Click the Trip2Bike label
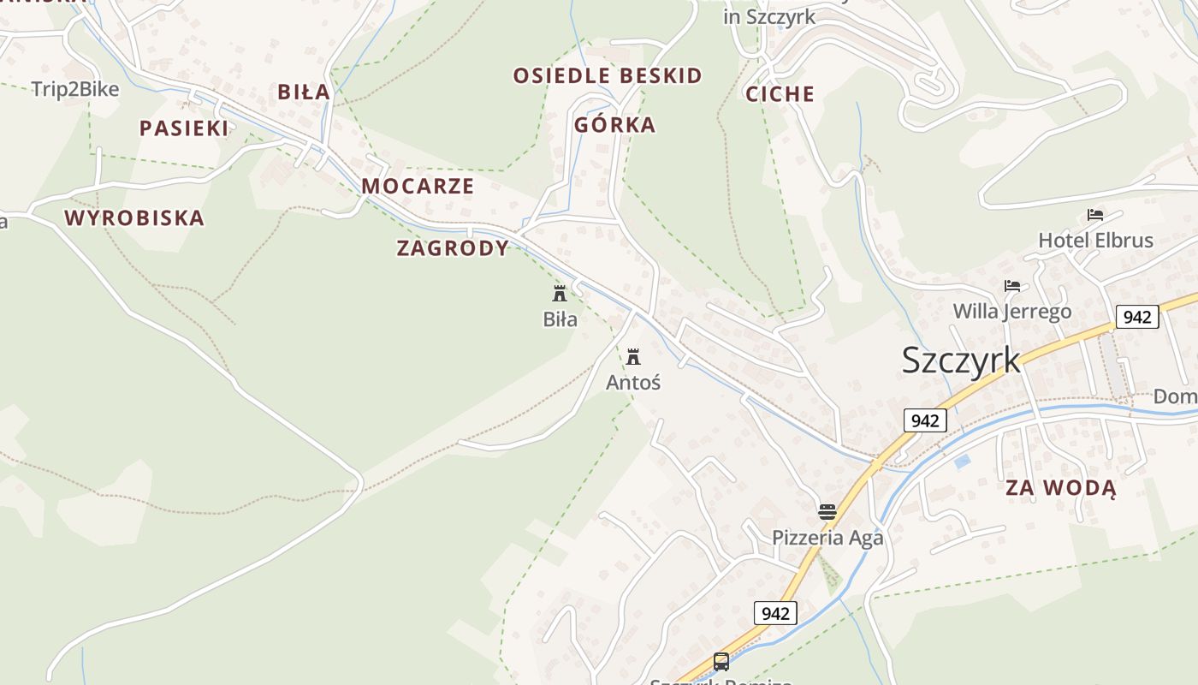(75, 89)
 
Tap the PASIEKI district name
(184, 128)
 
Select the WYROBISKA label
(134, 218)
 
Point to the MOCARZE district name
(418, 187)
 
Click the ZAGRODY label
(453, 248)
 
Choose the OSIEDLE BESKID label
(608, 76)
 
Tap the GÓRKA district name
(614, 125)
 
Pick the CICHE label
(780, 94)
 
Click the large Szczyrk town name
(961, 360)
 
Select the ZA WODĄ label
(1060, 488)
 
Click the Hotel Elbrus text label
(1095, 241)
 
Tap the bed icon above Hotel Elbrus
(1095, 214)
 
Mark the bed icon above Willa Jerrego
(1012, 285)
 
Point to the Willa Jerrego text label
(1012, 311)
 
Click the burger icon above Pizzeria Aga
(827, 512)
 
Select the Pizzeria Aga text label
(827, 538)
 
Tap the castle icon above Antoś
(633, 356)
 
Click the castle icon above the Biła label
(560, 294)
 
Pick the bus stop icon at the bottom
(721, 661)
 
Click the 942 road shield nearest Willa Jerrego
(1136, 317)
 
